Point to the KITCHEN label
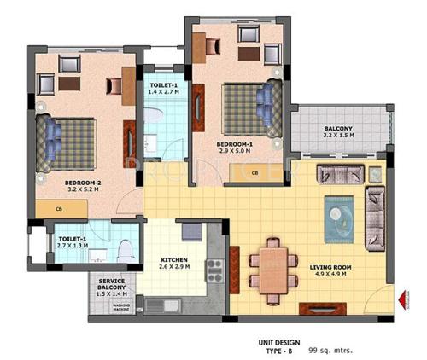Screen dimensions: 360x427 click(x=174, y=260)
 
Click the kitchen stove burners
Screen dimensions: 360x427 click(x=213, y=270)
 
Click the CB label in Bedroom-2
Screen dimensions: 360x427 click(x=58, y=207)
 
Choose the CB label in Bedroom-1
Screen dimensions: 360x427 click(x=254, y=173)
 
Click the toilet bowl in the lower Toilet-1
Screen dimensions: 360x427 click(x=125, y=249)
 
